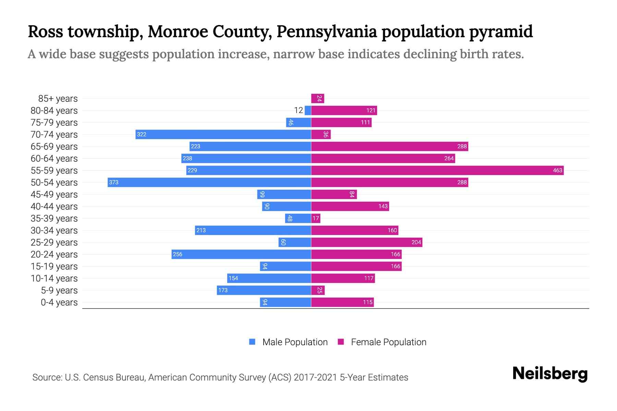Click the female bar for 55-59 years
(x=437, y=170)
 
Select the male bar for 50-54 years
(x=209, y=182)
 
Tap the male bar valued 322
(x=223, y=134)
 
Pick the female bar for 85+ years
(x=317, y=98)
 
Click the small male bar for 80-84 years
(x=308, y=110)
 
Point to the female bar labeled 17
(x=316, y=218)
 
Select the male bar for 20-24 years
(x=241, y=254)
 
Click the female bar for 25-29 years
(x=366, y=242)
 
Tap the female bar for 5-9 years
(x=318, y=290)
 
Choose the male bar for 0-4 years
(x=285, y=302)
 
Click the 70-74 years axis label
(x=54, y=135)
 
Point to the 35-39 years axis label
(x=54, y=219)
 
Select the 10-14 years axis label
(x=54, y=278)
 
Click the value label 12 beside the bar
(x=299, y=110)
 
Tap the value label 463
(x=557, y=171)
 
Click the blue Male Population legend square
(x=252, y=342)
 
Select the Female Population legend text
(x=388, y=342)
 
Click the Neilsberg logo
(x=550, y=374)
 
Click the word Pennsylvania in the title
(x=327, y=32)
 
